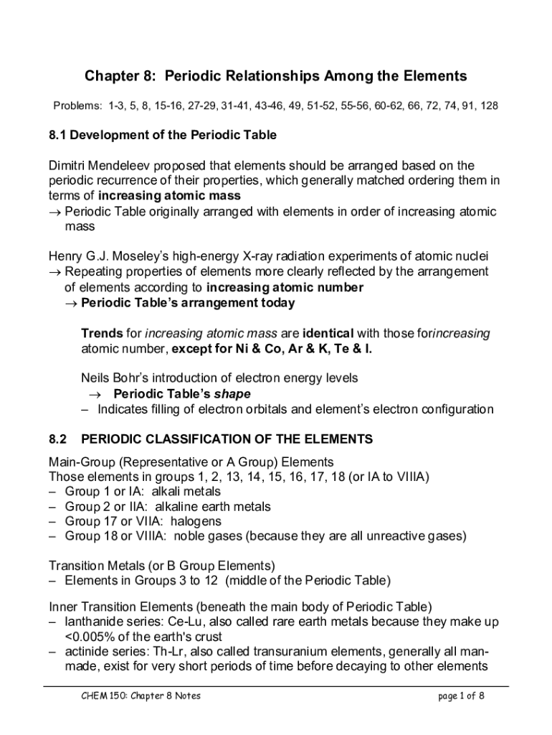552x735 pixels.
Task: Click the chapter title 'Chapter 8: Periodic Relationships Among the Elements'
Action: coord(276,76)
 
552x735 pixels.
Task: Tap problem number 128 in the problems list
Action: coord(490,106)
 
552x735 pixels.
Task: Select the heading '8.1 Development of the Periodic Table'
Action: coord(163,135)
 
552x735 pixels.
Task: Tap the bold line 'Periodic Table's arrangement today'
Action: coord(188,303)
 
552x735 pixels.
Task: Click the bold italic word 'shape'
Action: coord(232,394)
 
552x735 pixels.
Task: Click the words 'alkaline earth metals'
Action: coord(213,507)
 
